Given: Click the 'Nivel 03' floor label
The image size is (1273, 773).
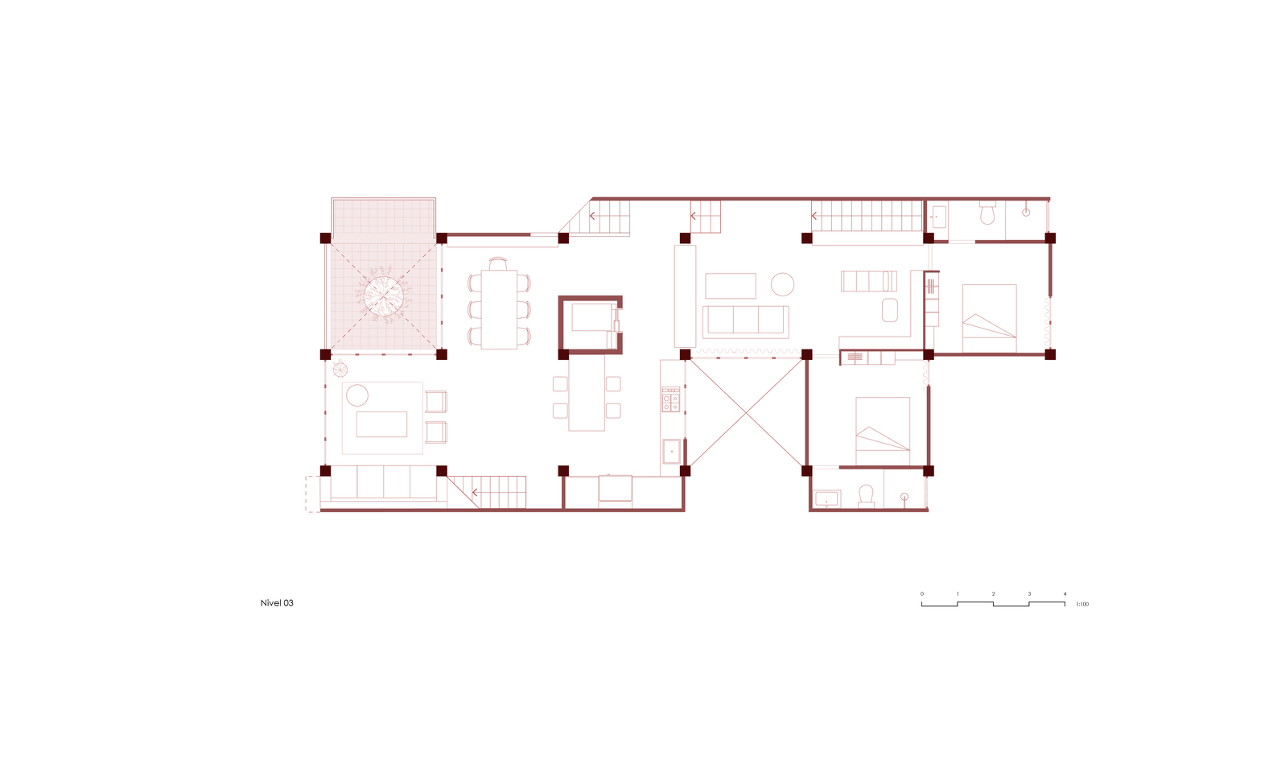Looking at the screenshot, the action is coord(277,603).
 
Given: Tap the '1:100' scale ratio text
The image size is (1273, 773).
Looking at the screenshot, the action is coord(1082,604).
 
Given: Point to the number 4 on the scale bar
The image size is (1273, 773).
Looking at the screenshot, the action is coord(1065,593).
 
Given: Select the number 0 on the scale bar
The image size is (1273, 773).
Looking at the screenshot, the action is coord(922,593).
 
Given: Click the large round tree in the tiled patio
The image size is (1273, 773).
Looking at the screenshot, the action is coord(384,296).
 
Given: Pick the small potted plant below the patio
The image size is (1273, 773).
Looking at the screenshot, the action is coord(340,370).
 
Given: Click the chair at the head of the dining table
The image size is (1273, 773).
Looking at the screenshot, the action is coord(498,264).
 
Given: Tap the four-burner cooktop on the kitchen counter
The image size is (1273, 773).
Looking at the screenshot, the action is coord(670,399).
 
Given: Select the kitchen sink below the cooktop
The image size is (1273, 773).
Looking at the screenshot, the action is coord(671,451).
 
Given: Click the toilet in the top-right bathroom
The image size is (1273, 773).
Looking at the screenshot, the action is coord(987,213).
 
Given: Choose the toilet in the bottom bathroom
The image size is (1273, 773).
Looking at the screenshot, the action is coord(866,495).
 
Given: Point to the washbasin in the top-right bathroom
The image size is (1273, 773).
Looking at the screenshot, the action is coord(939,217).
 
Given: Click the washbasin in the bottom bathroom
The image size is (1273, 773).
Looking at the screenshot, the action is coord(826,499).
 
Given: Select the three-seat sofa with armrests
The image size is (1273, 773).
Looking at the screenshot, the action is coord(746,322).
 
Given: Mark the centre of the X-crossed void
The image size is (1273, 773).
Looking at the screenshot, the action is coord(746,412).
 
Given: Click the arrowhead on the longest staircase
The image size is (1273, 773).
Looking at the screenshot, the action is coord(814,216).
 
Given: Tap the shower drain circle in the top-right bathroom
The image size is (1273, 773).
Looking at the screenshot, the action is coord(1026,212).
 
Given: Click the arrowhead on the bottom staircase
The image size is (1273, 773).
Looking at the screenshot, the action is coord(475,493).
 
